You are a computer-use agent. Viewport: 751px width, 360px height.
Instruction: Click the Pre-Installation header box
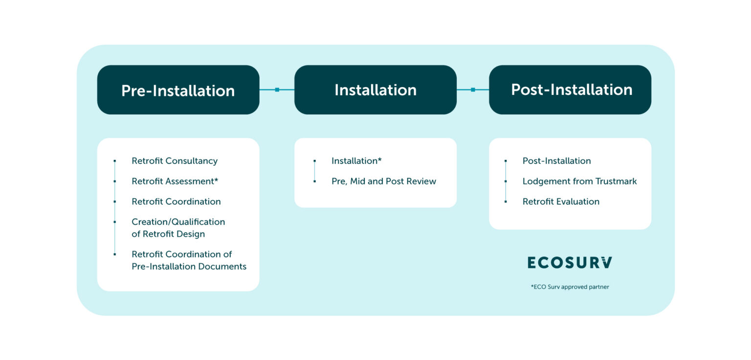[x=178, y=90]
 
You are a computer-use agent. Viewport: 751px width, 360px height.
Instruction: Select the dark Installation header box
[x=375, y=90]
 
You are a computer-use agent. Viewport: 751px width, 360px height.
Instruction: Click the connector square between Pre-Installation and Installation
[x=277, y=90]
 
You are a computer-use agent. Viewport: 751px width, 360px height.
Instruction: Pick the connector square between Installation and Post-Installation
[x=473, y=90]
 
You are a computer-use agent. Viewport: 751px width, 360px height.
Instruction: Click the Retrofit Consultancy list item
[x=174, y=161]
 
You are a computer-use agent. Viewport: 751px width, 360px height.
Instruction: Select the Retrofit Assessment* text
[x=175, y=181]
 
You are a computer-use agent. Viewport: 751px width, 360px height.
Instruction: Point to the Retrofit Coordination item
[x=176, y=202]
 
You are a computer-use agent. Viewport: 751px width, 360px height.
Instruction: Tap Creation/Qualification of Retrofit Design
[x=178, y=228]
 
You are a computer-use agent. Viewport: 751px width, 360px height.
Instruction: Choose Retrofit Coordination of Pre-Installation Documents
[x=189, y=260]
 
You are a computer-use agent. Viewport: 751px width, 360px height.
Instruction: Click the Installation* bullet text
[x=356, y=161]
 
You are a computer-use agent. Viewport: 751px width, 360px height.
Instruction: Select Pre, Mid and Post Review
[x=383, y=181]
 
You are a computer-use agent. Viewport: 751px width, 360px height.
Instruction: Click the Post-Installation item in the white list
[x=556, y=161]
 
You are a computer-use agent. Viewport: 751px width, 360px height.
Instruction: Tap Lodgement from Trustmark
[x=579, y=181]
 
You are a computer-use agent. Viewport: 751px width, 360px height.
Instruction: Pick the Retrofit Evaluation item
[x=561, y=202]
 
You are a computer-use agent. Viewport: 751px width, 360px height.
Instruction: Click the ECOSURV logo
[x=570, y=263]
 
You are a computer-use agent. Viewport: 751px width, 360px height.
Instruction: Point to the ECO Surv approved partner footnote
[x=570, y=287]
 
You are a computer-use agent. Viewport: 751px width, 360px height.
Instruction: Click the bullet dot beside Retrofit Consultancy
[x=114, y=161]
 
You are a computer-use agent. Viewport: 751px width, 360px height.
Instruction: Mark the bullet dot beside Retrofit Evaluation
[x=506, y=202]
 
